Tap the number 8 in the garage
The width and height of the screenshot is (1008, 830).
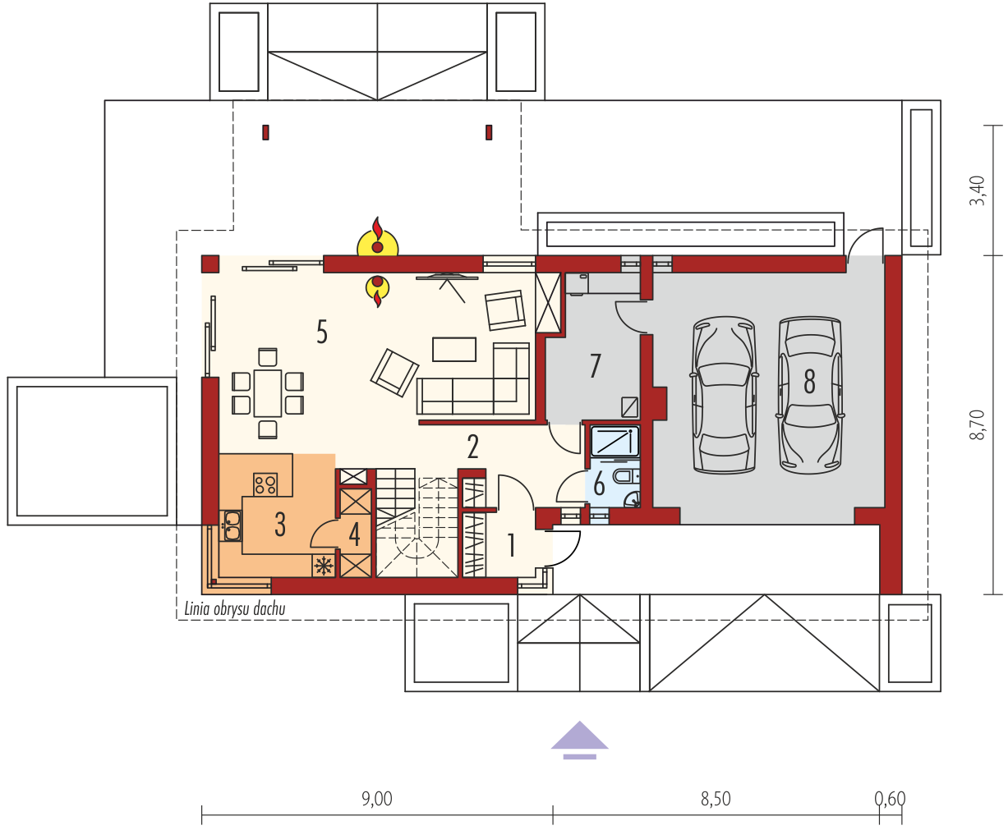coord(809,381)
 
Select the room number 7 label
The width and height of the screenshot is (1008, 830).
coord(596,365)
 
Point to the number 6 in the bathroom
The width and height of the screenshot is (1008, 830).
coord(599,484)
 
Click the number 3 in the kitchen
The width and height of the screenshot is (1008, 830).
coord(280,525)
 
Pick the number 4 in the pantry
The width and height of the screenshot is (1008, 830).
coord(354,534)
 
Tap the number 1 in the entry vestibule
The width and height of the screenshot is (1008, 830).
coord(511,545)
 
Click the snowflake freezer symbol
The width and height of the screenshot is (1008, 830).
coord(324,566)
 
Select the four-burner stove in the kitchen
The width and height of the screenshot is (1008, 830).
coord(265,484)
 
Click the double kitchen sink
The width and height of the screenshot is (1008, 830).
coord(231,525)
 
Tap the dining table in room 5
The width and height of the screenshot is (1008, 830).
coord(268,393)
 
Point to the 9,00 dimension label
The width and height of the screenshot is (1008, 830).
coord(377,800)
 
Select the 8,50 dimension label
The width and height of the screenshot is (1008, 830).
coord(716,800)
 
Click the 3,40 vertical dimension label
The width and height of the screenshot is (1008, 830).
coord(977,190)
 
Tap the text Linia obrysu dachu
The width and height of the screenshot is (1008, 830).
coord(235,609)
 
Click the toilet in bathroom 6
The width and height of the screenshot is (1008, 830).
coord(626,477)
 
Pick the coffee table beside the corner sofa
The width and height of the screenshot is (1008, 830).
coord(453,350)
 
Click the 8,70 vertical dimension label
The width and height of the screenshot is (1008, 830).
coord(977,424)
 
